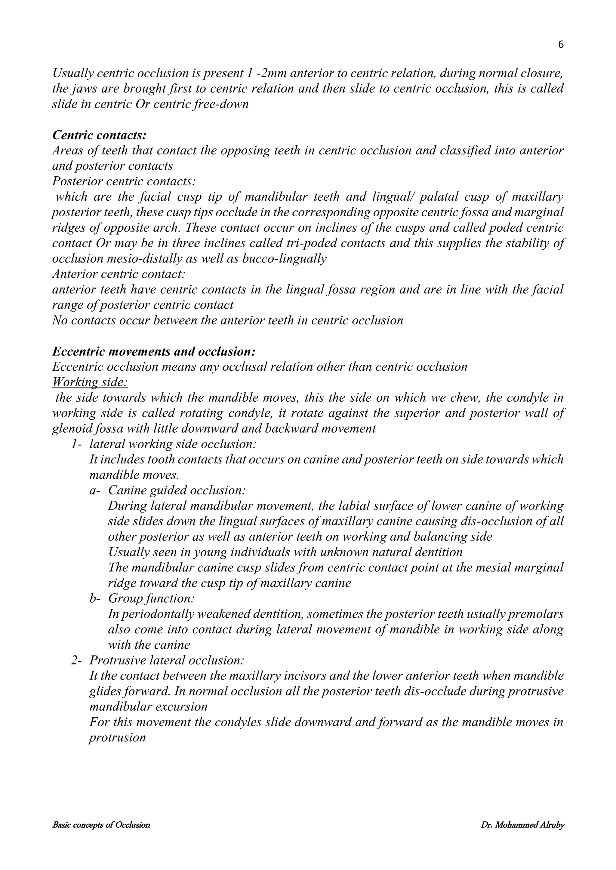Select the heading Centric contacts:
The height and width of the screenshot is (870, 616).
pos(99,135)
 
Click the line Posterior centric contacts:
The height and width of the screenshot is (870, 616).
pos(124,181)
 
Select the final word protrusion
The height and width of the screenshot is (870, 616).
pos(117,738)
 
